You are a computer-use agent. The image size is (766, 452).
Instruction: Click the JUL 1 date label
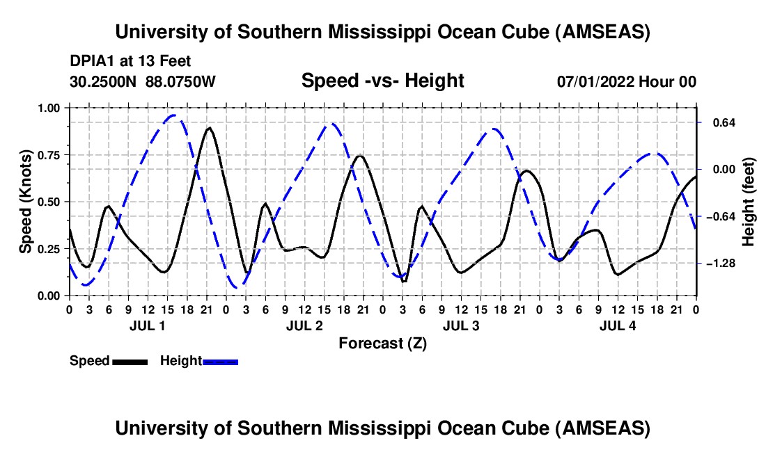[147, 325]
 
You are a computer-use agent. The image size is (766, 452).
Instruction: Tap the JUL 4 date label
[618, 325]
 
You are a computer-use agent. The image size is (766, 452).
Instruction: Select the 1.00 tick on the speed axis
[48, 108]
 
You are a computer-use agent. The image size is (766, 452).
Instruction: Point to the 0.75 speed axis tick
[48, 155]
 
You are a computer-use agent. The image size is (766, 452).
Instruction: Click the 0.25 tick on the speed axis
[48, 249]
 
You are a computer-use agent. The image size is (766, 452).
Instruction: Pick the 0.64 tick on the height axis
[724, 122]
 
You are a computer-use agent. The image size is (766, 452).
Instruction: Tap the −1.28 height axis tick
[721, 264]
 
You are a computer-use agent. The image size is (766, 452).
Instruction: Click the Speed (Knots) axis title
[25, 202]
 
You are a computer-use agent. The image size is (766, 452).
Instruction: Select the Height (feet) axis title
[748, 202]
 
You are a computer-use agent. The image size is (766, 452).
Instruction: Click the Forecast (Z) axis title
[382, 344]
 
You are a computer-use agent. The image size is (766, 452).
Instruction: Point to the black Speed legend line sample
[130, 362]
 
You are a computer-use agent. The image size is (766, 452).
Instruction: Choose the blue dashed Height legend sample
[220, 362]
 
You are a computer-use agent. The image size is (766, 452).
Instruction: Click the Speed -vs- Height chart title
[382, 81]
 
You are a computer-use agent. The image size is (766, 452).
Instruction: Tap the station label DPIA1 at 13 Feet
[130, 61]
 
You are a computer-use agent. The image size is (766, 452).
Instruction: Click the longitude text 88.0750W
[180, 81]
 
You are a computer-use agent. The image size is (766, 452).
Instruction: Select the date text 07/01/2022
[596, 81]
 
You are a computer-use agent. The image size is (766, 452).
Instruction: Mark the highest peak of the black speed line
[209, 128]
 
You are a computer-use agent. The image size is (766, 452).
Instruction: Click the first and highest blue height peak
[174, 115]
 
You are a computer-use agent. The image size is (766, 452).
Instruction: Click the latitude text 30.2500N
[103, 81]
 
